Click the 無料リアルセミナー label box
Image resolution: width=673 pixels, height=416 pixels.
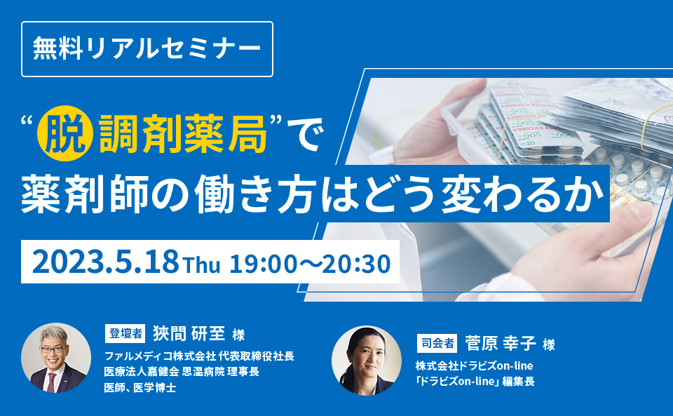click(x=147, y=49)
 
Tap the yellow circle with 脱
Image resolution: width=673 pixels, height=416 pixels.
click(x=65, y=133)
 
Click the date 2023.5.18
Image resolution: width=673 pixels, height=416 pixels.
click(x=105, y=262)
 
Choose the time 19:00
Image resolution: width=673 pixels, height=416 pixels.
click(x=263, y=264)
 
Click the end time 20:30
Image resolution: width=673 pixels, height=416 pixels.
click(x=356, y=264)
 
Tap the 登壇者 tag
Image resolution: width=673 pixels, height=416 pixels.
click(x=125, y=333)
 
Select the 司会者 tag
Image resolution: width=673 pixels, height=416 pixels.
click(x=437, y=344)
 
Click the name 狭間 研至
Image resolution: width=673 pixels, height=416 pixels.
click(x=189, y=334)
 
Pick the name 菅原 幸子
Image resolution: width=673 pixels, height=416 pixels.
click(x=501, y=344)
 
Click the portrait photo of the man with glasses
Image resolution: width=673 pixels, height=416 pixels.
click(x=56, y=358)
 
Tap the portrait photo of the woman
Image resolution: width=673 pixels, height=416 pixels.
click(x=367, y=360)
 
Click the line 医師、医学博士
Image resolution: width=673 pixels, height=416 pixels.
click(x=140, y=388)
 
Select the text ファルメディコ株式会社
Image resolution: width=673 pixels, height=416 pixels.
click(x=160, y=356)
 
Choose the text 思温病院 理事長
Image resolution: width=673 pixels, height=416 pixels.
click(x=221, y=372)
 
